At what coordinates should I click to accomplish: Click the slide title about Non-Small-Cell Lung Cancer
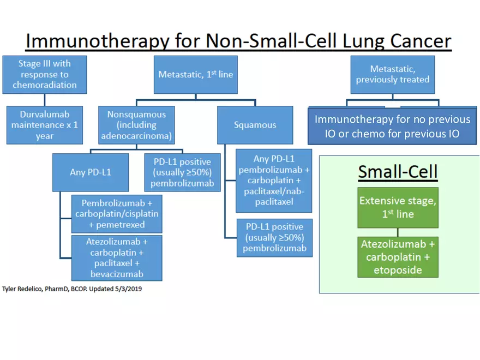click(239, 41)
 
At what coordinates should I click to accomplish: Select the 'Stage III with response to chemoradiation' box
click(44, 74)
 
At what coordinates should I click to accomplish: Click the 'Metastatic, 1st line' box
click(195, 74)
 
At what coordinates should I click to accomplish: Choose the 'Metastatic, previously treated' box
click(392, 74)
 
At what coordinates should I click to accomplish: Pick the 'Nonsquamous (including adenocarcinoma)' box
click(136, 125)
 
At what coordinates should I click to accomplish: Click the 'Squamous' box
click(255, 125)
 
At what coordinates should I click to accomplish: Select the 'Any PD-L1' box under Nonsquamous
click(90, 172)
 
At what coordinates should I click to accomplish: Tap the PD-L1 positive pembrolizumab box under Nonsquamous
click(182, 172)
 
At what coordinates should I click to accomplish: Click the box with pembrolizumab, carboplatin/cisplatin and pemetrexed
click(117, 213)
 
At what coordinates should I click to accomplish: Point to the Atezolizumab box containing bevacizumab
click(117, 257)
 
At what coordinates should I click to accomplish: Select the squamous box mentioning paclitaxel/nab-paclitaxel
click(273, 181)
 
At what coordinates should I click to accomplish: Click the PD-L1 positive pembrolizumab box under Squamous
click(274, 237)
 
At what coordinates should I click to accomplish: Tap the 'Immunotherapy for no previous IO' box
click(392, 126)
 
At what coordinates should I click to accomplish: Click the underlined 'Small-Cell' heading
click(397, 172)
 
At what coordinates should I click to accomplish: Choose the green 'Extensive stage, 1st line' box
click(397, 207)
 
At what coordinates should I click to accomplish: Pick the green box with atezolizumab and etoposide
click(397, 257)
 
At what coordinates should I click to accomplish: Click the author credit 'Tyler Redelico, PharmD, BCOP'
click(72, 289)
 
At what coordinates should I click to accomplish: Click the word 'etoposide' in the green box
click(397, 270)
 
